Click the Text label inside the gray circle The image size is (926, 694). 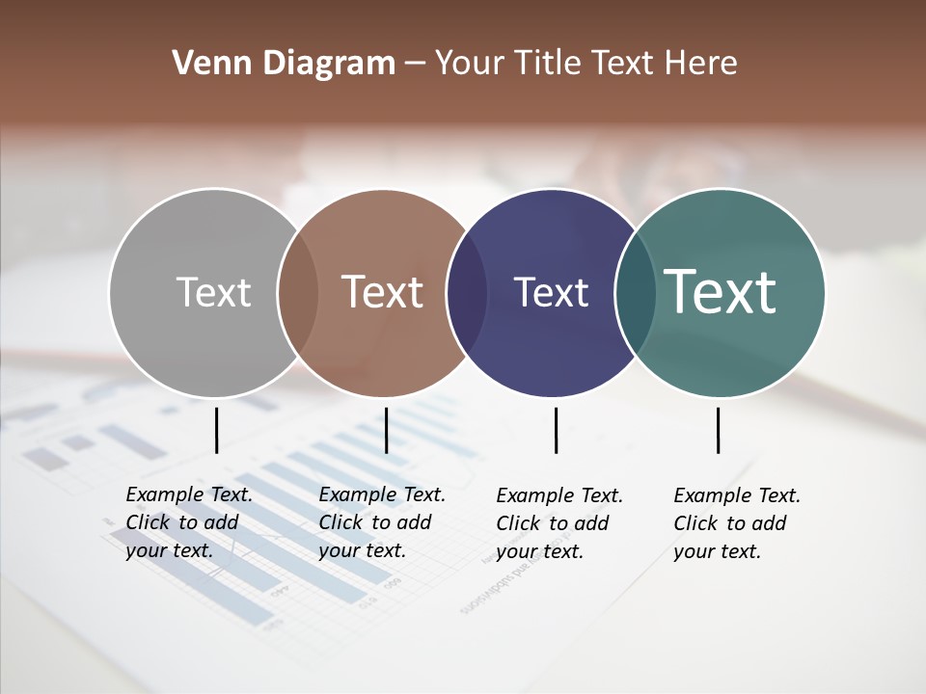[213, 292]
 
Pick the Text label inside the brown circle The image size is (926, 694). [382, 292]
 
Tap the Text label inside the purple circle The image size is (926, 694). [551, 292]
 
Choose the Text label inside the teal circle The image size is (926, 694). [721, 291]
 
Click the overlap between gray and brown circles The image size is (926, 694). [298, 292]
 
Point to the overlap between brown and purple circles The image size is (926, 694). [467, 292]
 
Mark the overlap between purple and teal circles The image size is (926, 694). [635, 292]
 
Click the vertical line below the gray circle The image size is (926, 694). [216, 430]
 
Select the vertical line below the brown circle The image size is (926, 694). [386, 430]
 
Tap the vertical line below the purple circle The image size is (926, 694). [556, 430]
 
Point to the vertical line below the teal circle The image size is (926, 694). [718, 430]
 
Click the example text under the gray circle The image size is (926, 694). [188, 522]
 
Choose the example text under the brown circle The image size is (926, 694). [381, 522]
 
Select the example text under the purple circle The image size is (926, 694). [558, 523]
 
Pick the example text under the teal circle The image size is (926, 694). [736, 523]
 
